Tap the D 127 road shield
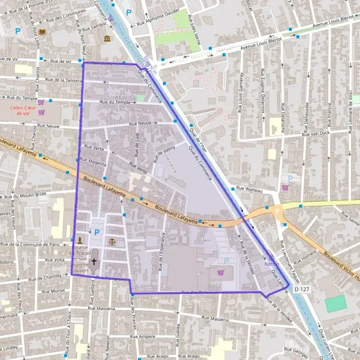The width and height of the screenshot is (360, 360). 302,289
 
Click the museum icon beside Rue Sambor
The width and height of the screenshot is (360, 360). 107,40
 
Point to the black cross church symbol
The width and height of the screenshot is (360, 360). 94,262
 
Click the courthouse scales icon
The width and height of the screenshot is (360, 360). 112,240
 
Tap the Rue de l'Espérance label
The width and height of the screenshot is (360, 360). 161,252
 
